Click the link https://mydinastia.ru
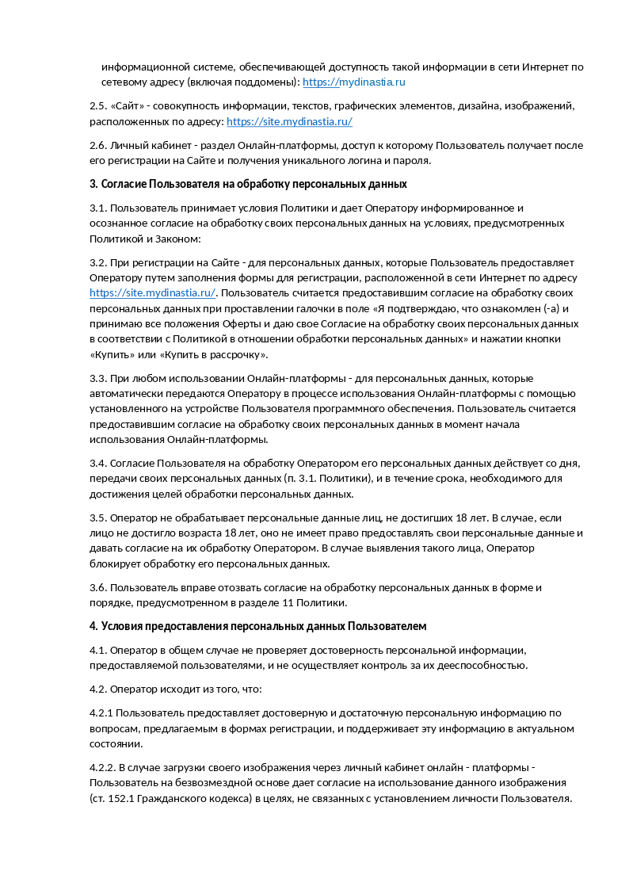pos(354,82)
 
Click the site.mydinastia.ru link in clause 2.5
pos(289,121)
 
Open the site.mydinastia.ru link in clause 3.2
pos(152,292)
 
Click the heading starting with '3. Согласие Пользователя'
pos(248,184)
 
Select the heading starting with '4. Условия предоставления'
pos(258,626)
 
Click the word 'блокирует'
pos(114,563)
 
